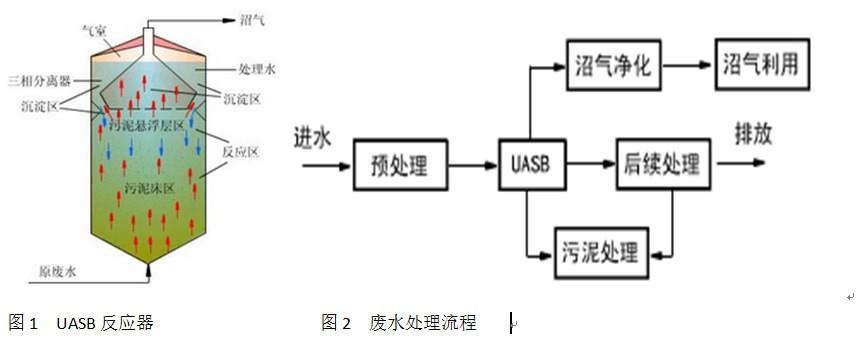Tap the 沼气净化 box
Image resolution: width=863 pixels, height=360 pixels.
[613, 67]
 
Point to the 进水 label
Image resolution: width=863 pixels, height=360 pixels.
[313, 137]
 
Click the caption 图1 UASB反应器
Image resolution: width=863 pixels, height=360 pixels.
[80, 322]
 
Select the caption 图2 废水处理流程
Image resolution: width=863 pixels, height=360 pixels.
[398, 322]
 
